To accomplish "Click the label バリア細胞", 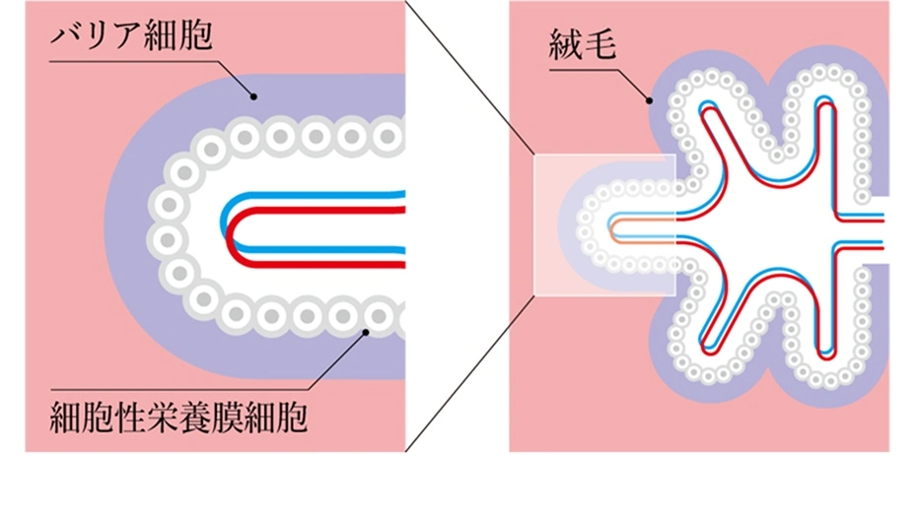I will (x=131, y=40).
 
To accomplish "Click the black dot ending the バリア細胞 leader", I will (x=253, y=97).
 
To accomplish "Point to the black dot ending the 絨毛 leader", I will (x=649, y=99).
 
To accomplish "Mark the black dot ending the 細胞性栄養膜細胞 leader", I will (x=365, y=333).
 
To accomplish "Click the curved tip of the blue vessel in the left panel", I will (x=226, y=223).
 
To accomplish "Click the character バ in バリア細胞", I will (x=65, y=40).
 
